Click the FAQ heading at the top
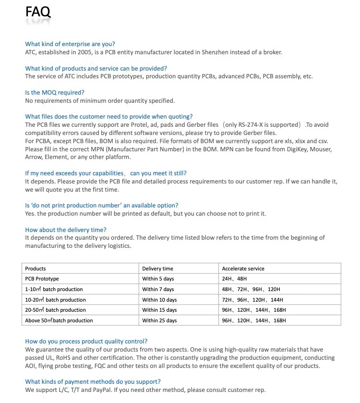(x=38, y=12)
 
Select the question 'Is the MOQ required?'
(x=55, y=92)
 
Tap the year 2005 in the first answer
(x=76, y=52)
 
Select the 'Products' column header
(x=36, y=269)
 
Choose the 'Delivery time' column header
(x=157, y=269)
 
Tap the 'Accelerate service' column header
(x=243, y=269)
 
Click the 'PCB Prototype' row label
(x=42, y=279)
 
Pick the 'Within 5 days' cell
(x=158, y=279)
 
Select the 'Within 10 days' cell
(x=159, y=300)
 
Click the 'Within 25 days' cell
(x=159, y=320)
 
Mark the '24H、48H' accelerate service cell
(x=234, y=279)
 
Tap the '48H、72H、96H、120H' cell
(x=251, y=289)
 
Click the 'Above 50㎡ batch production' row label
(x=59, y=320)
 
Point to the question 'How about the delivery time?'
(x=66, y=230)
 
